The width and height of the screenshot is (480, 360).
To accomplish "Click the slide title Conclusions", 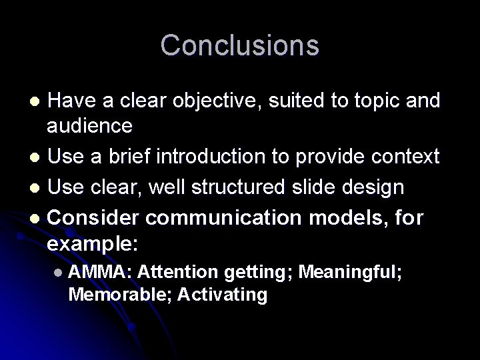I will point(240,45).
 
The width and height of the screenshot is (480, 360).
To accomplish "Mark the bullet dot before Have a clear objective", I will point(37,102).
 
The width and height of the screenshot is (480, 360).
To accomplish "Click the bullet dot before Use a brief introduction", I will point(37,158).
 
